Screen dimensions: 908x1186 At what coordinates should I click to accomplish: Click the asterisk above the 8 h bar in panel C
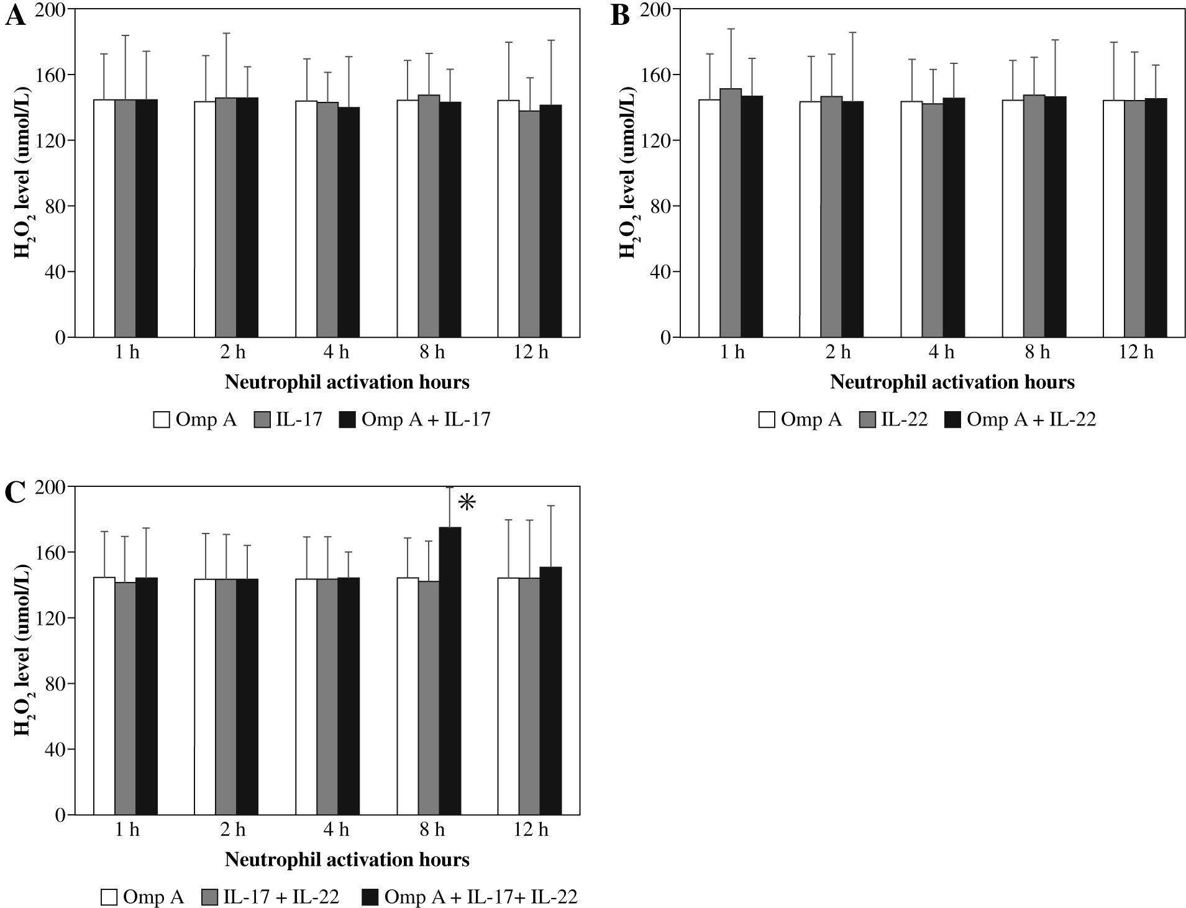(467, 503)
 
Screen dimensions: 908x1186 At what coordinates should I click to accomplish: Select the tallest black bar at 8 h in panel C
(450, 671)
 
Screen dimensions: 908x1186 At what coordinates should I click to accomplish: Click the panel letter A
(16, 17)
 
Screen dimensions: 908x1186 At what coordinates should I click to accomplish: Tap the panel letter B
(621, 17)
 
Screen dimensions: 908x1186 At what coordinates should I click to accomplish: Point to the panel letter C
(16, 494)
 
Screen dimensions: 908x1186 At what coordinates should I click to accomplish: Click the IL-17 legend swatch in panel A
(262, 420)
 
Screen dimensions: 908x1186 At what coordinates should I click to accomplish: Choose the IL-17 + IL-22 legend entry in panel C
(271, 897)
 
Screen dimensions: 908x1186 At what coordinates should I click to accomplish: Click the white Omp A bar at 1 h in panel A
(104, 218)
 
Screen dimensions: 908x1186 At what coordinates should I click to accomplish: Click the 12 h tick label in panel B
(1136, 353)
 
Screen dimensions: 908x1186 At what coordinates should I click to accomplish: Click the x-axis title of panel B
(952, 382)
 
